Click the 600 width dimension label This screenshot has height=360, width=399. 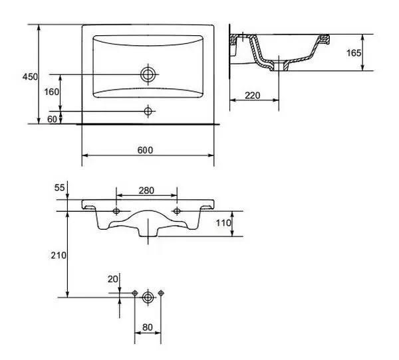[146, 150]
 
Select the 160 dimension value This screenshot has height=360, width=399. [52, 92]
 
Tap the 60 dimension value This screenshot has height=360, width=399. [53, 119]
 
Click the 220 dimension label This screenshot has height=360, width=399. [252, 95]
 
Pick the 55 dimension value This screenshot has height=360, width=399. [59, 189]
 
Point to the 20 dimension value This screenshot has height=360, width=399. [112, 279]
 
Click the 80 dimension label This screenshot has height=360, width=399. [147, 327]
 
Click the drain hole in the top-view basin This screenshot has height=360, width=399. [148, 74]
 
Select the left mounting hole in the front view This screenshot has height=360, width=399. [116, 211]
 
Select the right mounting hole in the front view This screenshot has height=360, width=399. [177, 211]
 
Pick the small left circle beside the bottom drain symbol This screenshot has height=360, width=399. [135, 293]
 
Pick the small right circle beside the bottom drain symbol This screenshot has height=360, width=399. [161, 293]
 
